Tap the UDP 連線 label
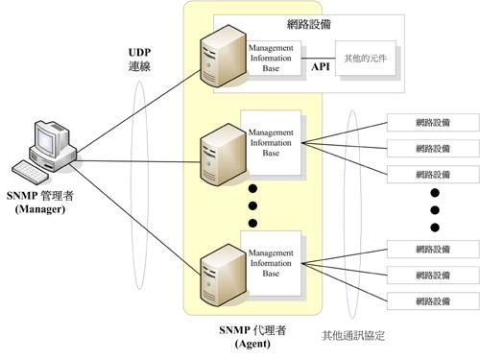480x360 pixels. [x=142, y=59]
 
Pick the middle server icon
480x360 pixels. [x=219, y=158]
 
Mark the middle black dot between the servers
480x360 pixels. [x=252, y=204]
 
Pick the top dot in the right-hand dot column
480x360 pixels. [x=434, y=191]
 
